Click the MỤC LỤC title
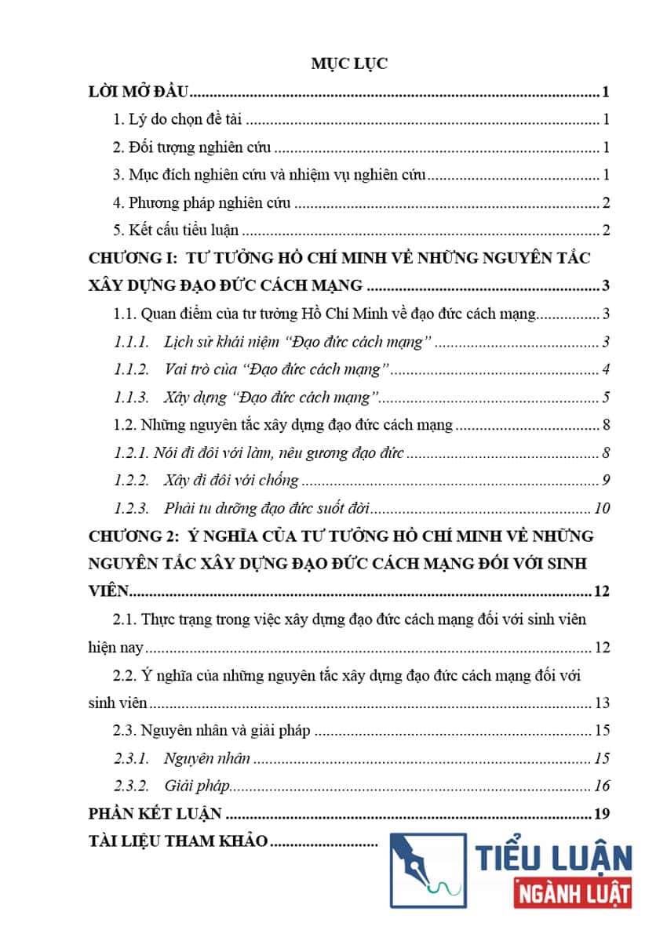[x=349, y=64]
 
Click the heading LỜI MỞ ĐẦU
[x=140, y=93]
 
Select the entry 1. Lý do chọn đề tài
[x=180, y=120]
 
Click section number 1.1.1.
[x=132, y=342]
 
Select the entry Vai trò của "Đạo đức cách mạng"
[x=278, y=369]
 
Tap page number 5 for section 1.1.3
[x=606, y=397]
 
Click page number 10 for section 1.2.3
[x=602, y=508]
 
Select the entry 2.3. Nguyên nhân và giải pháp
[x=212, y=731]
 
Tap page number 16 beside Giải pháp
[x=602, y=786]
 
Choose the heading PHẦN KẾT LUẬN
[x=155, y=813]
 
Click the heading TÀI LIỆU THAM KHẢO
[x=178, y=841]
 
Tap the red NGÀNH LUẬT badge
[x=572, y=893]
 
